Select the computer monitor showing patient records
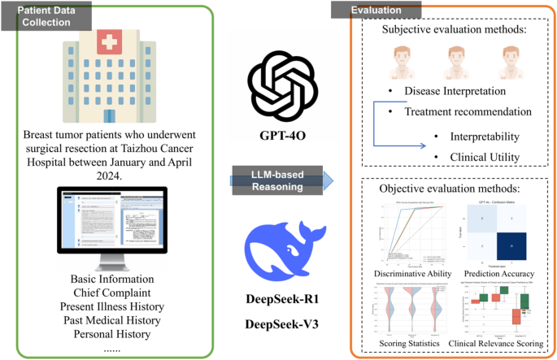[113, 224]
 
